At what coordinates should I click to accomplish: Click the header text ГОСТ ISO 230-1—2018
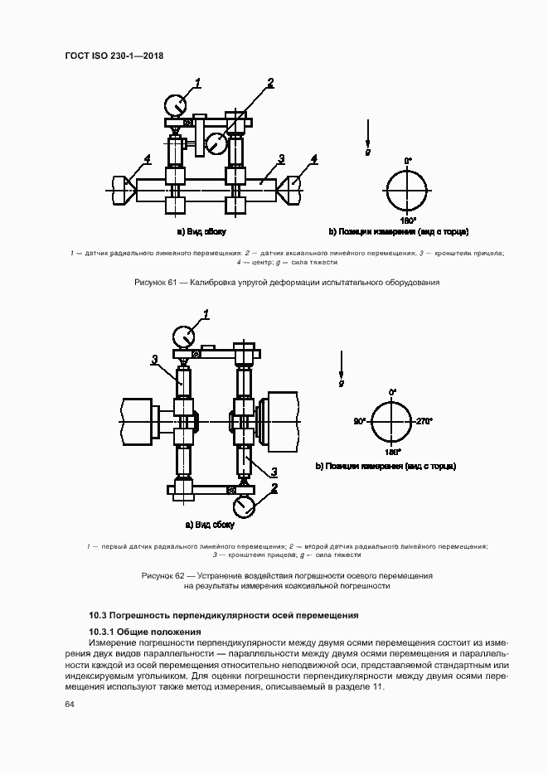point(114,56)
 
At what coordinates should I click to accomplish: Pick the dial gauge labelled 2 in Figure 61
point(216,143)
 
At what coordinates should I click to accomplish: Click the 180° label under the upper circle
point(407,221)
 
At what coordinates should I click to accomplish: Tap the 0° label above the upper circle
point(407,160)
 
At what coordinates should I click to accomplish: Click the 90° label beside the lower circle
point(358,422)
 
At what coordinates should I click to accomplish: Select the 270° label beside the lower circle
point(424,422)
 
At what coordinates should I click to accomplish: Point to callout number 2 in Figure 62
point(272,487)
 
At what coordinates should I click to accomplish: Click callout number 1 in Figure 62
point(206,313)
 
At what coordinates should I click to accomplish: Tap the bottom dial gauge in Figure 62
point(242,504)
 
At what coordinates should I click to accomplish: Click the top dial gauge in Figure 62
point(184,337)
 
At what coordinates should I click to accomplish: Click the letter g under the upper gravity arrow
point(368,153)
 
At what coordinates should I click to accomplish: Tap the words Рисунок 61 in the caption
point(156,283)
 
